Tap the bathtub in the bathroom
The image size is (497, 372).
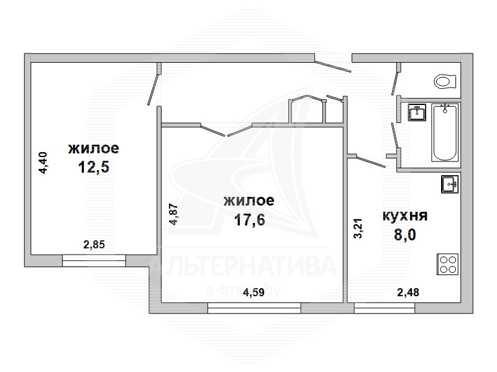click(445, 133)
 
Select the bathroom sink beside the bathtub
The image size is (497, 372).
click(417, 112)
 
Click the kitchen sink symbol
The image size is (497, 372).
click(450, 184)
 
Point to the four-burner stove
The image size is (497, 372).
click(448, 265)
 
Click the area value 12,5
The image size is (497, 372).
click(94, 167)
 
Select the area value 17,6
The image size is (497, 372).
click(250, 220)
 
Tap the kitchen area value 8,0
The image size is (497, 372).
click(405, 235)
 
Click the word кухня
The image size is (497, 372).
click(405, 215)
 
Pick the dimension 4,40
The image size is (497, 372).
click(43, 163)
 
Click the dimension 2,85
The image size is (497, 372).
click(94, 245)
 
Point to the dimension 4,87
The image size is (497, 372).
click(174, 214)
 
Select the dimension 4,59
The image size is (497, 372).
click(253, 292)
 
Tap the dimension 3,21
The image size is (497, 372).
click(358, 229)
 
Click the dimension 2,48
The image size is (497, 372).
click(408, 292)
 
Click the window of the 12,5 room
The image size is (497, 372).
click(94, 260)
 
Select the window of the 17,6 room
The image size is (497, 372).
click(254, 308)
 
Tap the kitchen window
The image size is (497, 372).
click(385, 308)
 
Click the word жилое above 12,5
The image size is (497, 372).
click(94, 148)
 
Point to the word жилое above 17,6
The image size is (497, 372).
click(249, 201)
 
